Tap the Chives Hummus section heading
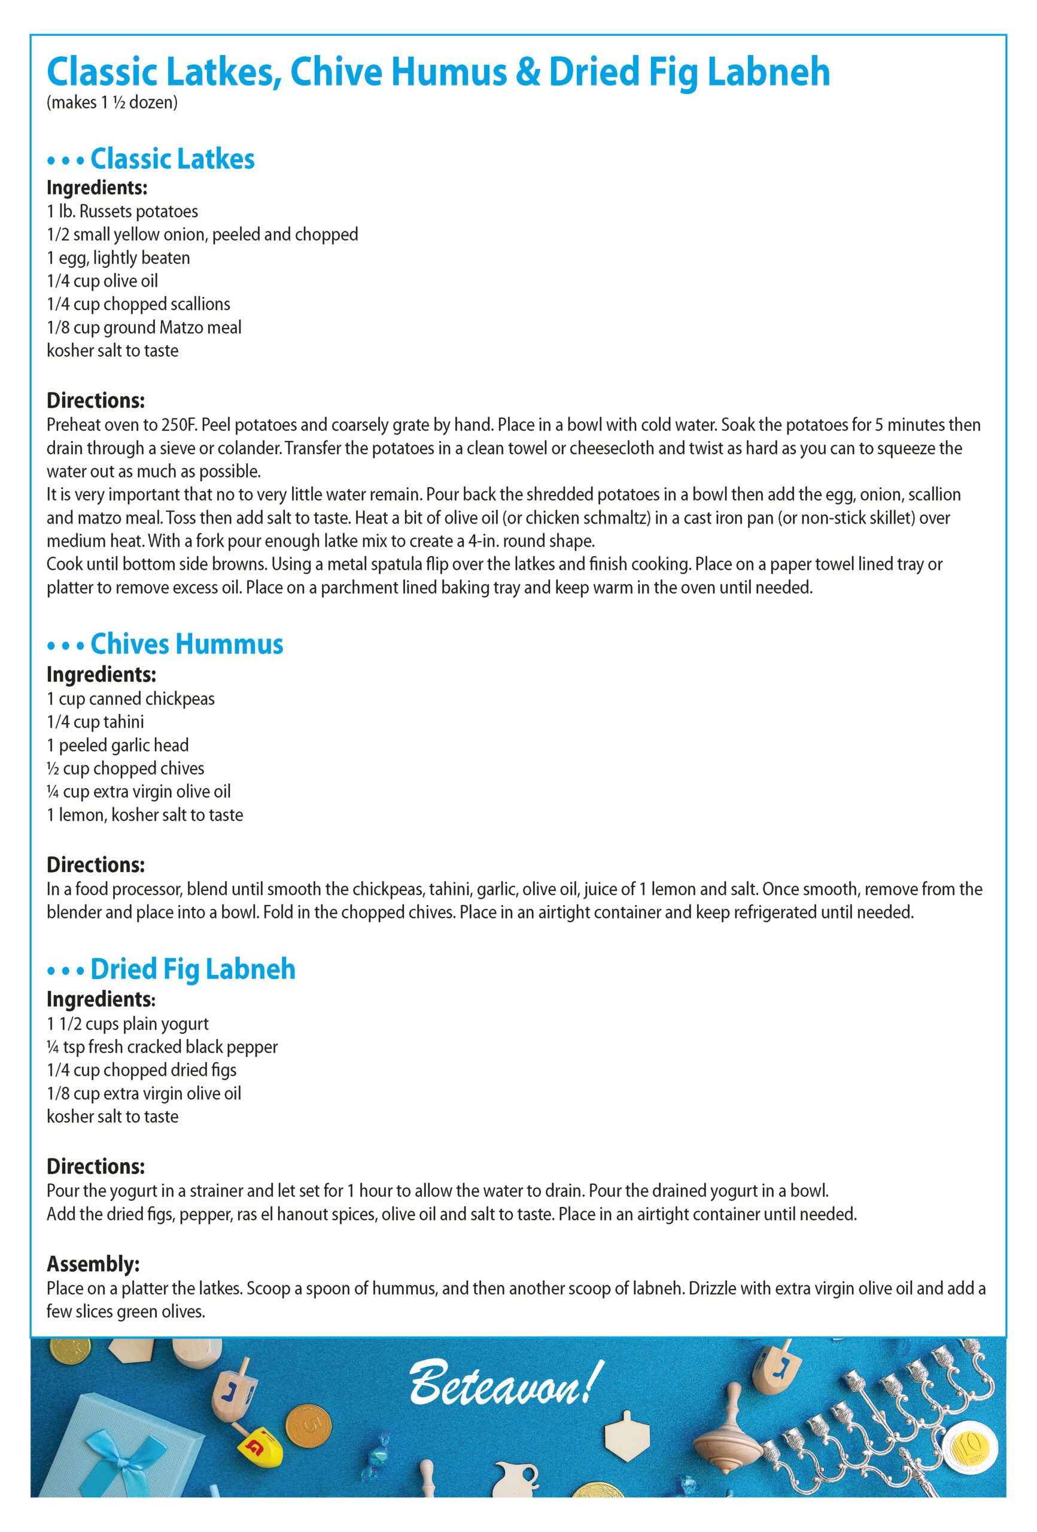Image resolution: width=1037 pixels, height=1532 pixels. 187,644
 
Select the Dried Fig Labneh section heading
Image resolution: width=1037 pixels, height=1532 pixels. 193,969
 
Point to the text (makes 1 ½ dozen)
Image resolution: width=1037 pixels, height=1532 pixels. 111,104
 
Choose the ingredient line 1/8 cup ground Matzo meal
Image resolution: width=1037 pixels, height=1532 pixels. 144,327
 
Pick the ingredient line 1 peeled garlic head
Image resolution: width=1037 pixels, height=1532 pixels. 117,745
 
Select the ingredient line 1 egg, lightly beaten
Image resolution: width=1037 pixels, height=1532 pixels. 118,258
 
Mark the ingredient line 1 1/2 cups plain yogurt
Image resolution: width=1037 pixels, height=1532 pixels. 127,1024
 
